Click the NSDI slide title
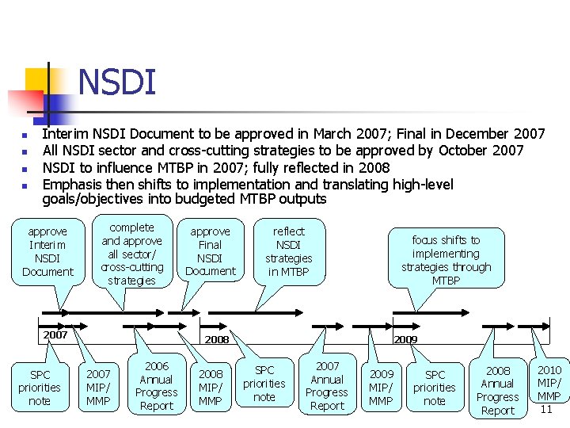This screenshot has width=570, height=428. pyautogui.click(x=117, y=82)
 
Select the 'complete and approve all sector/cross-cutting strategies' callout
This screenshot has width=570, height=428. pyautogui.click(x=132, y=254)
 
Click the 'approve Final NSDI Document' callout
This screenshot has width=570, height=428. pyautogui.click(x=210, y=251)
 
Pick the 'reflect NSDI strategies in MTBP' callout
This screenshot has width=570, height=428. pyautogui.click(x=288, y=251)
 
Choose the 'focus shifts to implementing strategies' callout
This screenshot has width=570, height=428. pyautogui.click(x=446, y=260)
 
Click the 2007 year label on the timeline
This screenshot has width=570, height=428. pyautogui.click(x=55, y=334)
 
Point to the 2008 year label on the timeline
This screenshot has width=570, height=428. pyautogui.click(x=216, y=339)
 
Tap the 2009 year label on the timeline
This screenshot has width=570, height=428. pyautogui.click(x=405, y=339)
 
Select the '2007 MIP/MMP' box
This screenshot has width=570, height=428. pyautogui.click(x=98, y=387)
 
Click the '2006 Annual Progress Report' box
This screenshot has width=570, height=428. pyautogui.click(x=156, y=386)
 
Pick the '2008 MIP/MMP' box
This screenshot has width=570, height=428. pyautogui.click(x=210, y=387)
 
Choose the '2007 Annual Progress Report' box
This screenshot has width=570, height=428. pyautogui.click(x=327, y=386)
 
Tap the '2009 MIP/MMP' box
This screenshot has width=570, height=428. pyautogui.click(x=381, y=387)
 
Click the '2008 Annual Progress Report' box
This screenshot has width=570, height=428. pyautogui.click(x=497, y=390)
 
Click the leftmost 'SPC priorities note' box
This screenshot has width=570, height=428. pyautogui.click(x=40, y=388)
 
